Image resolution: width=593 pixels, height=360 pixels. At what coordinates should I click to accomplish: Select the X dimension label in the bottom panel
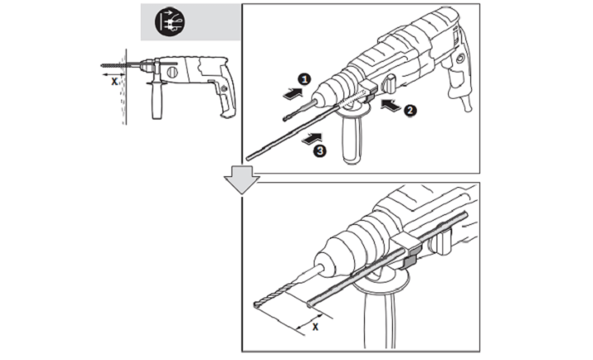click(x=315, y=325)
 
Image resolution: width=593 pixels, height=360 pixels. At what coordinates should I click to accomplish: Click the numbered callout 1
click(x=303, y=79)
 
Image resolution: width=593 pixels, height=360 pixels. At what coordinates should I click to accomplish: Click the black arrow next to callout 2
click(x=392, y=104)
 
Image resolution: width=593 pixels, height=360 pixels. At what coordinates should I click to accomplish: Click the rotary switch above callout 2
click(x=389, y=82)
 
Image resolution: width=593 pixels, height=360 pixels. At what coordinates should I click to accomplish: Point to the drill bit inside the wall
click(x=112, y=64)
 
